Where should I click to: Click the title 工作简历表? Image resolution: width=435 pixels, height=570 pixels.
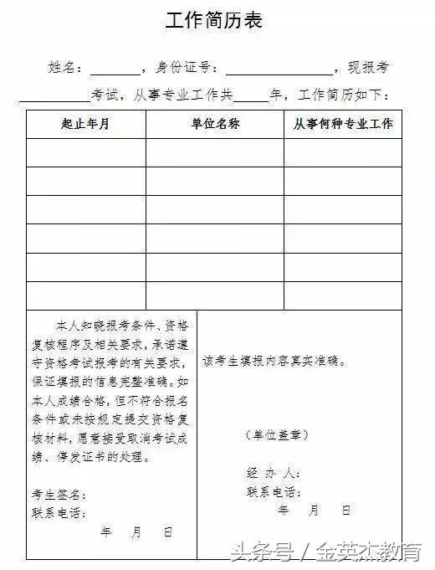pos(216,22)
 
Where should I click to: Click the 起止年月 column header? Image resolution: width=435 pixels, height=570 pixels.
pos(85,125)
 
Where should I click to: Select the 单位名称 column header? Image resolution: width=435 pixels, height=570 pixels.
pos(215,125)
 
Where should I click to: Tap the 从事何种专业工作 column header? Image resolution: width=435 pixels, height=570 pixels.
pos(342,125)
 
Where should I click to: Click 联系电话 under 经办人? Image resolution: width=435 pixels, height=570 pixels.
pos(271,492)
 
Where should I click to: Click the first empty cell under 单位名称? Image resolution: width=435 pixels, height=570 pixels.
pos(215,152)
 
